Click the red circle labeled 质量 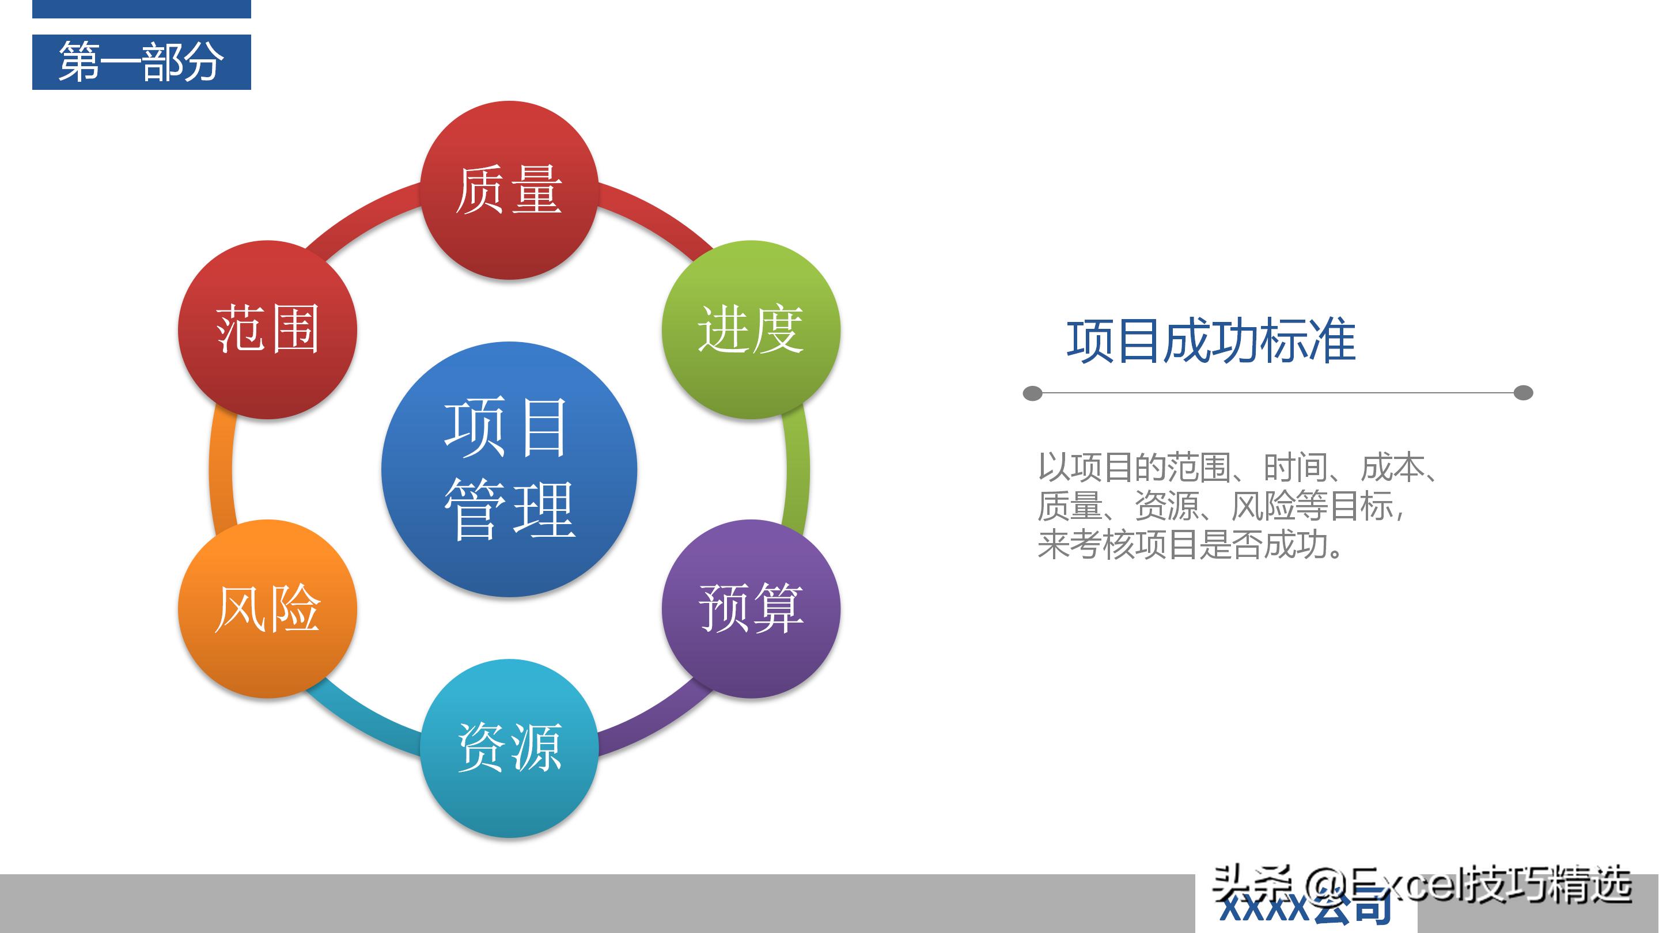pos(509,190)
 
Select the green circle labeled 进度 pos(751,329)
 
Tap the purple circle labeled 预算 pos(751,609)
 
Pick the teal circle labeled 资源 pos(509,748)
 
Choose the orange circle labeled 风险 pos(267,609)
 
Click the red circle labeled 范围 pos(267,329)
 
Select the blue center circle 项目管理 pos(509,469)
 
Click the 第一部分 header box pos(142,62)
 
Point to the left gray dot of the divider pos(1032,393)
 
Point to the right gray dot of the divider pos(1523,393)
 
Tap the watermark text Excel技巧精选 pos(1494,885)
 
